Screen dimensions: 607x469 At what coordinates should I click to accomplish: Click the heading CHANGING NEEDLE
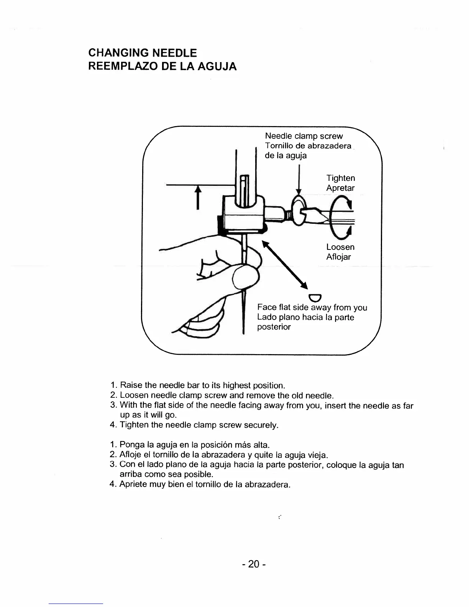tap(142, 52)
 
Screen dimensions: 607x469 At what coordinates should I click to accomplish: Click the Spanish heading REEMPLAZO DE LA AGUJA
tap(162, 67)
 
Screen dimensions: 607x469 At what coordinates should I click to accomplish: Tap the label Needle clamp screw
tap(304, 136)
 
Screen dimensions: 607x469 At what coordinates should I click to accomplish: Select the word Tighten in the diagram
tap(341, 178)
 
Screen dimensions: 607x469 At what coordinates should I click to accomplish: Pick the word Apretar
tap(340, 188)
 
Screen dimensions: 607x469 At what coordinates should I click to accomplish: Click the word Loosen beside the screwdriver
tap(340, 247)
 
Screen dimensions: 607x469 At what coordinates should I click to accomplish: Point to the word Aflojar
tap(338, 257)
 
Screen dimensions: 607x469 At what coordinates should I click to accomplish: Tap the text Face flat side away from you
tap(312, 307)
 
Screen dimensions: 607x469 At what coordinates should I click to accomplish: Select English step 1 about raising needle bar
tap(202, 385)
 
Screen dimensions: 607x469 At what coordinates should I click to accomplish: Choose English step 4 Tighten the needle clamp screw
tap(198, 425)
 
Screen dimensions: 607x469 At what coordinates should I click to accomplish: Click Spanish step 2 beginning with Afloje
tap(224, 455)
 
